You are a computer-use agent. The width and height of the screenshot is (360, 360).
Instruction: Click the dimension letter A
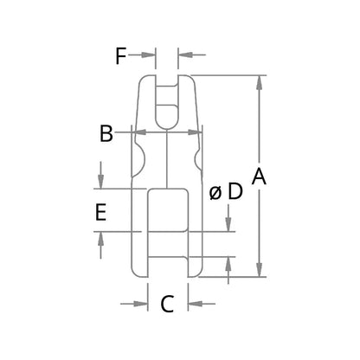tap(259, 177)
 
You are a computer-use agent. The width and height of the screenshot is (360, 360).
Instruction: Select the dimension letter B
tap(106, 133)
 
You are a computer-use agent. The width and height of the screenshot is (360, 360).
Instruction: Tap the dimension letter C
tap(168, 304)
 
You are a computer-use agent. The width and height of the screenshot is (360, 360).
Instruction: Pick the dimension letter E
tap(101, 212)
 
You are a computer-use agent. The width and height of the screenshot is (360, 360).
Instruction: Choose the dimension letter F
tap(121, 57)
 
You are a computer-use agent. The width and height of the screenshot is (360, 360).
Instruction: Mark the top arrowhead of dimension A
tap(259, 82)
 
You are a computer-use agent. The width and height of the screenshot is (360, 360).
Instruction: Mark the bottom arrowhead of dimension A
tap(259, 271)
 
